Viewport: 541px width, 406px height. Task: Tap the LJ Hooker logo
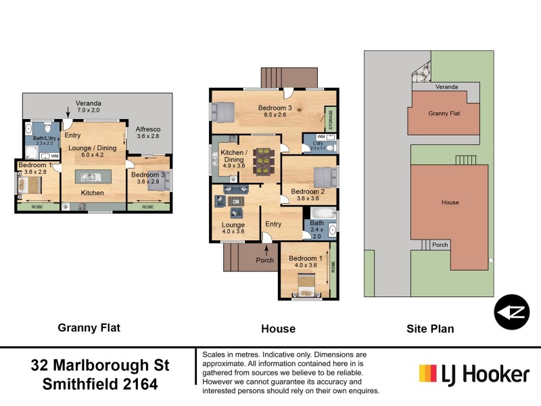pyautogui.click(x=473, y=374)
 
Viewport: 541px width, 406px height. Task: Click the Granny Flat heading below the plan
pyautogui.click(x=89, y=328)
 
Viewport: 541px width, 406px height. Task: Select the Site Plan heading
pyautogui.click(x=430, y=329)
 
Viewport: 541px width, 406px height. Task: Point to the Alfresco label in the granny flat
pyautogui.click(x=147, y=132)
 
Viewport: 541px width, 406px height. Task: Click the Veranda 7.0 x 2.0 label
pyautogui.click(x=88, y=107)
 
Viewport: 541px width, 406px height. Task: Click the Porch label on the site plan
pyautogui.click(x=440, y=245)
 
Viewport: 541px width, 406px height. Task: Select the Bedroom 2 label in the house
pyautogui.click(x=308, y=195)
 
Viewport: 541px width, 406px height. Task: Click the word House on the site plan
pyautogui.click(x=450, y=202)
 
